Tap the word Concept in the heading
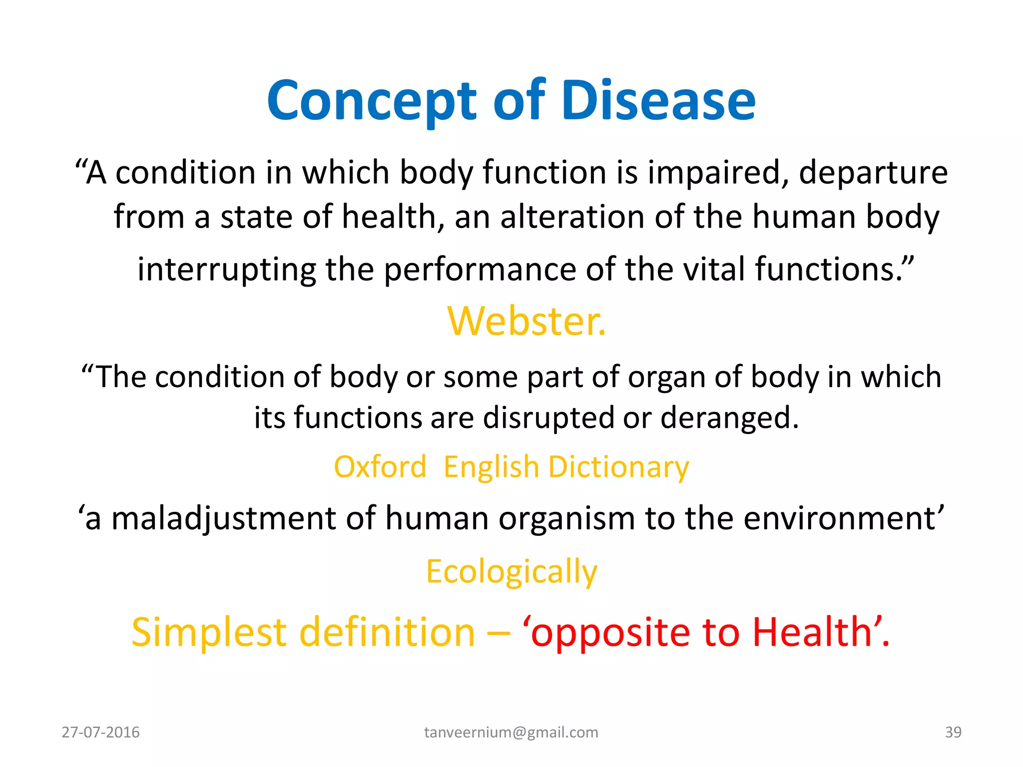point(373,102)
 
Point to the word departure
point(873,173)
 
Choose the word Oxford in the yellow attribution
point(380,467)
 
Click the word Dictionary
point(618,468)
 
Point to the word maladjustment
point(223,518)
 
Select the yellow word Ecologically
point(511,572)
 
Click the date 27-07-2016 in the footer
point(100,732)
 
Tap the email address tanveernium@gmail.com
point(511,732)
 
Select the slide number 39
point(953,732)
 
